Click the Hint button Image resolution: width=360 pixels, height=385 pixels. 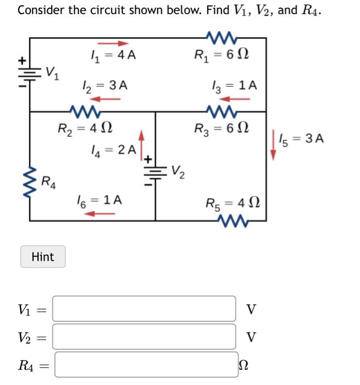[x=43, y=257]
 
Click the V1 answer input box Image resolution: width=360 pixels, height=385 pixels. [x=144, y=309]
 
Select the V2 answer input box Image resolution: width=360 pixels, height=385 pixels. [x=144, y=336]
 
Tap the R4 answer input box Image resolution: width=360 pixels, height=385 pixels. [x=146, y=364]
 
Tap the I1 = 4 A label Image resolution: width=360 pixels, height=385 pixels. [x=113, y=55]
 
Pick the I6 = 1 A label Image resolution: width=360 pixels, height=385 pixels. [x=99, y=201]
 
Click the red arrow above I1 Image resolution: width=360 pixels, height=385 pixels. [x=112, y=43]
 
